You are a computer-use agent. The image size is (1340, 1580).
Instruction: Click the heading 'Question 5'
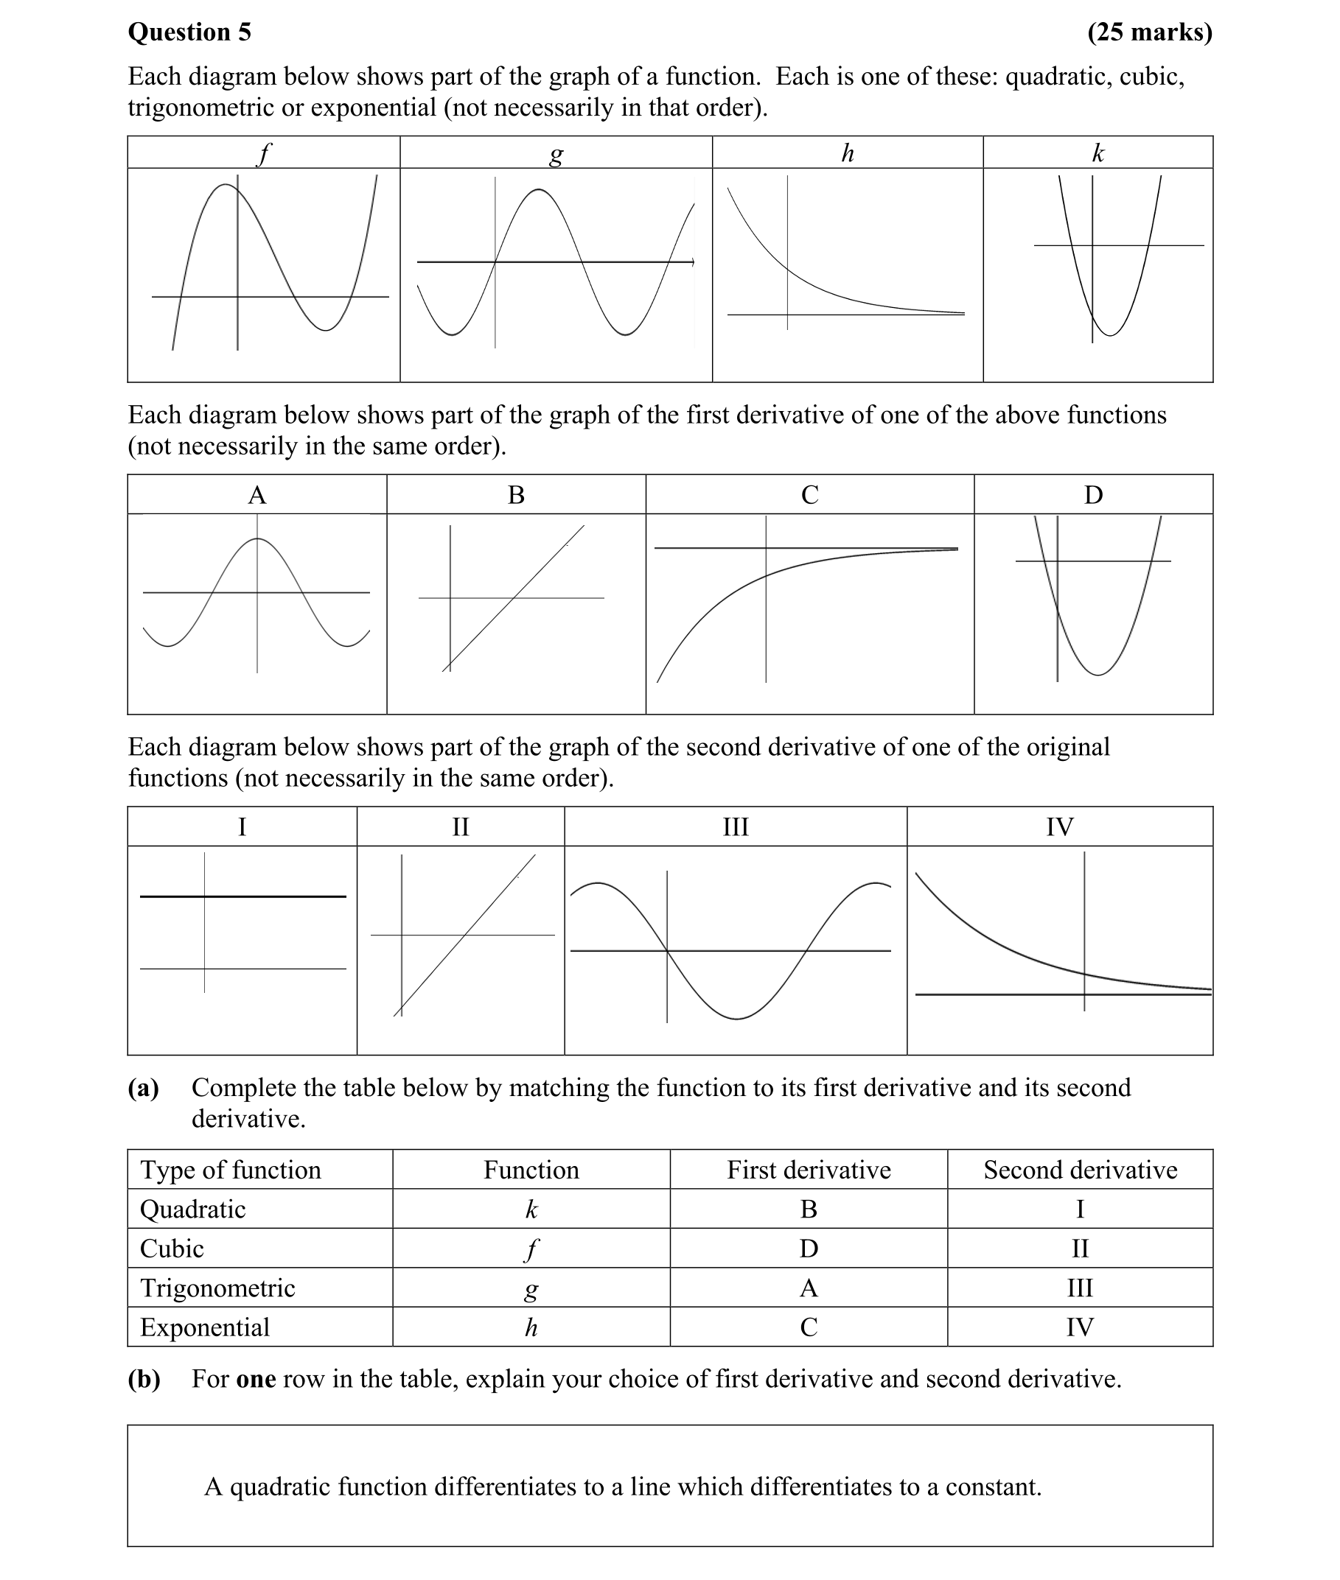click(x=189, y=32)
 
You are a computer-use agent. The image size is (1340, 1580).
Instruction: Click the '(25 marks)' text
click(x=1149, y=32)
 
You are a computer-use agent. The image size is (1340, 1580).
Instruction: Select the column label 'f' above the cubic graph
click(x=263, y=153)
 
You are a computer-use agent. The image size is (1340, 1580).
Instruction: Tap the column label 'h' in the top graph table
click(x=847, y=153)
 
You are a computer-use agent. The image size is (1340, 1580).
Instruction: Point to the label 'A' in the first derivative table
click(x=257, y=495)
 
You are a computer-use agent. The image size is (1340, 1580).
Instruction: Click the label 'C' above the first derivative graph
click(x=810, y=495)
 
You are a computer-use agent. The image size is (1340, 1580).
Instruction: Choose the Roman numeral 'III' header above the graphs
click(x=736, y=826)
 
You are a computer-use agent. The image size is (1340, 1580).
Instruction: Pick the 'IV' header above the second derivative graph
click(x=1060, y=826)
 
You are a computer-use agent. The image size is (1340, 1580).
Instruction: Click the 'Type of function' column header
click(x=230, y=1170)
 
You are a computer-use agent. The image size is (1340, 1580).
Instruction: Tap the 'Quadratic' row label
click(x=193, y=1209)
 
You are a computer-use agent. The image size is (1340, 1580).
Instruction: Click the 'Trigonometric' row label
click(x=217, y=1288)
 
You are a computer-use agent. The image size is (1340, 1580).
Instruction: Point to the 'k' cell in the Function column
click(x=531, y=1209)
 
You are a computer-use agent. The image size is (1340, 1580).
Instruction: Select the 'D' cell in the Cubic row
click(x=809, y=1249)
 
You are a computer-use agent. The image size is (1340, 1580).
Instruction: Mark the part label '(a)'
click(x=144, y=1088)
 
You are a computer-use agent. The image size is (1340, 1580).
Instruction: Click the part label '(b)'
click(x=144, y=1379)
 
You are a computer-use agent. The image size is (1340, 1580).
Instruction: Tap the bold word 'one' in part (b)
click(x=256, y=1379)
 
